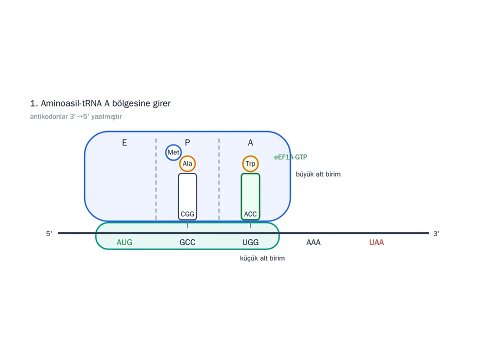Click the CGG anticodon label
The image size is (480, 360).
[187, 214]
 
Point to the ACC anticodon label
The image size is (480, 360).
[250, 214]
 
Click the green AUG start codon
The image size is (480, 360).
[124, 242]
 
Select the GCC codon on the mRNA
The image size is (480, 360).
[187, 242]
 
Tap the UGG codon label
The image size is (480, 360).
[250, 242]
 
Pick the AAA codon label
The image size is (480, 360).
[313, 242]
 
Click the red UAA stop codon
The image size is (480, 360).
[376, 242]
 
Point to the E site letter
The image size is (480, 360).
[124, 142]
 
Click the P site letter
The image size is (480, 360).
[187, 142]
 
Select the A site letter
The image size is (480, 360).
[250, 142]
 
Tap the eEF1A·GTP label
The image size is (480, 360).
[290, 157]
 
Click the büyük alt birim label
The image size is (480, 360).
[318, 174]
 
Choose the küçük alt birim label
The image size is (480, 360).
[262, 258]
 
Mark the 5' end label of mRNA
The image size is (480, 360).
[49, 233]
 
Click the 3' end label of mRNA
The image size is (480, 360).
[436, 233]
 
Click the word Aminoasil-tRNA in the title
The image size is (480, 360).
[71, 103]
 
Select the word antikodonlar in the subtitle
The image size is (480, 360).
[48, 116]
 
